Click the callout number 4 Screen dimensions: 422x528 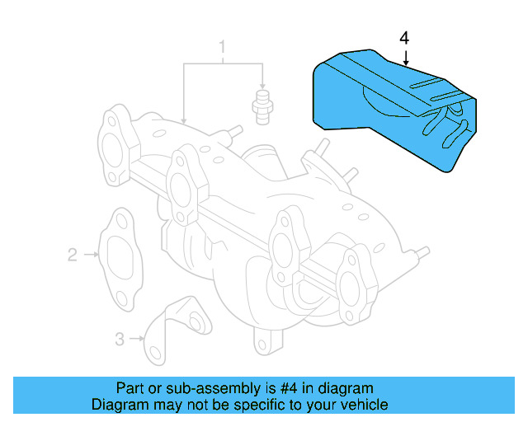404,38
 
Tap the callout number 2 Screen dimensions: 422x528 72,256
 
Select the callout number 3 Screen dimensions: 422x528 119,338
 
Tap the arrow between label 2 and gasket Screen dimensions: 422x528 90,256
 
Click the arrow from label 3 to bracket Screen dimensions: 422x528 137,338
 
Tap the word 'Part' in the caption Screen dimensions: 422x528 130,388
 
